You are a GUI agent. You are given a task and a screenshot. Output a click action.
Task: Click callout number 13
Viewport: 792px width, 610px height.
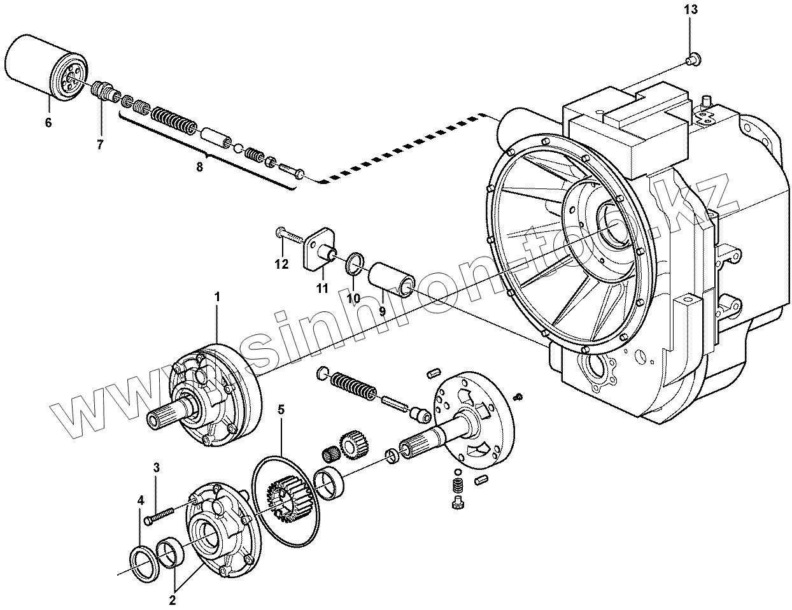point(691,10)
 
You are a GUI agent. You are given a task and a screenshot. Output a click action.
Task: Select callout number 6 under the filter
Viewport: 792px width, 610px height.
point(48,123)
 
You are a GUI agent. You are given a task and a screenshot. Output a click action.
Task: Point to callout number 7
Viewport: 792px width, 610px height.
point(100,145)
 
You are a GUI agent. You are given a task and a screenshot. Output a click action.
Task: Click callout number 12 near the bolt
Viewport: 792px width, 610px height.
point(281,264)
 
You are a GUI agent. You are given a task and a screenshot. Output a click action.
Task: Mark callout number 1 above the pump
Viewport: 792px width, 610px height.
point(216,296)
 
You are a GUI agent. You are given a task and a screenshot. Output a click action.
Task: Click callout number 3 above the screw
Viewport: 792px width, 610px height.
point(155,468)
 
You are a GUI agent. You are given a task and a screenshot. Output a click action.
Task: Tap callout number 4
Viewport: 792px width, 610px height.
point(140,500)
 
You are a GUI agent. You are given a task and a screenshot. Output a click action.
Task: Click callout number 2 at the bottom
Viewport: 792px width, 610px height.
point(172,599)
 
